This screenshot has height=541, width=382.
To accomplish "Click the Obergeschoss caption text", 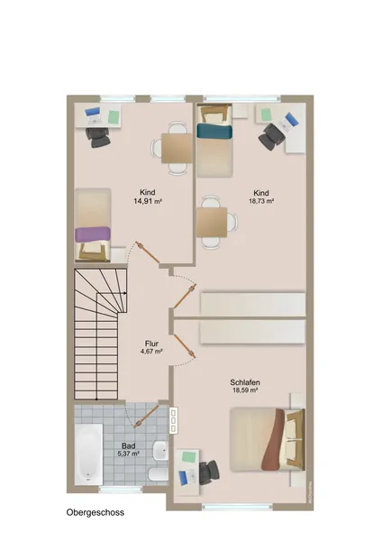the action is click(95, 512).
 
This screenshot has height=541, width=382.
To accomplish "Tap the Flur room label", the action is click(151, 344).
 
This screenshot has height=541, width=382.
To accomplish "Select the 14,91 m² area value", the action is click(148, 201).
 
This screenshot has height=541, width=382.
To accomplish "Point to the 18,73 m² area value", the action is click(261, 201).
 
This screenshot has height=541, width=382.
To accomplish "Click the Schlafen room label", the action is click(245, 382).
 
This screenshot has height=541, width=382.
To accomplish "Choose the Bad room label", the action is click(128, 445).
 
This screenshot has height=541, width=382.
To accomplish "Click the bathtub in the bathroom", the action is click(88, 454).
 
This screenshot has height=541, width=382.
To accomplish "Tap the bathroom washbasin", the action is click(160, 450).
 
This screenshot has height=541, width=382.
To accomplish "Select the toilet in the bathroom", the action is click(159, 474).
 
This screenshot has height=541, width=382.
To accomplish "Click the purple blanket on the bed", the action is click(93, 234).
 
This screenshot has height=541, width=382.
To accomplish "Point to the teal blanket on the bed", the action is click(214, 132).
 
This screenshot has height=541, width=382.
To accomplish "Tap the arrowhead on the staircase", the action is click(125, 293).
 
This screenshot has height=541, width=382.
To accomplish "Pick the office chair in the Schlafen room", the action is click(209, 472).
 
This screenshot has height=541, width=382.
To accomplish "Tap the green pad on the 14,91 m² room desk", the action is click(114, 116).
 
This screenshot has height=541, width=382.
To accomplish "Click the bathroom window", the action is click(121, 489).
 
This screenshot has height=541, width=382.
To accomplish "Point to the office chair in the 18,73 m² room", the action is click(272, 136).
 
